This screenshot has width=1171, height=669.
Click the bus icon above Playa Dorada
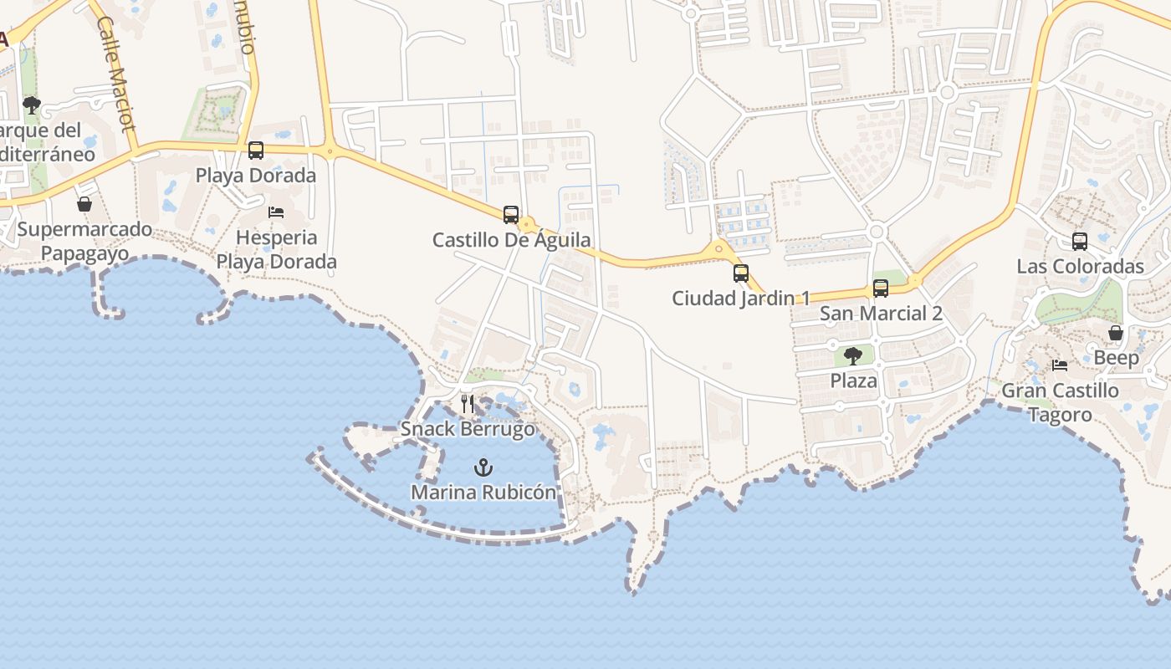coord(256,151)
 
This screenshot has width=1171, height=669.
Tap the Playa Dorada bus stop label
coord(256,176)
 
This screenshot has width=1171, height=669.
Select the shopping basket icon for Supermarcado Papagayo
coord(84,204)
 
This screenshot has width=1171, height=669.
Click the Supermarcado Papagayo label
coord(84,242)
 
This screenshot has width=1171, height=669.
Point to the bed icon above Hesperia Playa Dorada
coord(276,212)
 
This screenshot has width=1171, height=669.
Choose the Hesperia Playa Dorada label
coord(276,249)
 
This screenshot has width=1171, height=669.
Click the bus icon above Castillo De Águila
coord(511,215)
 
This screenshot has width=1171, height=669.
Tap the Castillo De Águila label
coord(511,240)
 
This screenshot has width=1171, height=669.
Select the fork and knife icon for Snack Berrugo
coord(468,404)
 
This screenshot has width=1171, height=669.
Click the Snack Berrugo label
coord(468,429)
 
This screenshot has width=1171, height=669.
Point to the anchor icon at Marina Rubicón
coord(483,467)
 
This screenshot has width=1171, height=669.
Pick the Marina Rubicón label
coord(483,493)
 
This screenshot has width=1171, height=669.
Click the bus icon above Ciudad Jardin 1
coord(741,273)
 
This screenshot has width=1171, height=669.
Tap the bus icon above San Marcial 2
coord(881,289)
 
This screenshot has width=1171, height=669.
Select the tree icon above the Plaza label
coord(853,356)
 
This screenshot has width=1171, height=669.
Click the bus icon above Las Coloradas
coord(1080,242)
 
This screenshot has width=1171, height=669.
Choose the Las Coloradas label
coord(1080,267)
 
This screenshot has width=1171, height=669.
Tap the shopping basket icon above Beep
coord(1116,333)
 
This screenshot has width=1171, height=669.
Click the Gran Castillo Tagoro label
coord(1060,402)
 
